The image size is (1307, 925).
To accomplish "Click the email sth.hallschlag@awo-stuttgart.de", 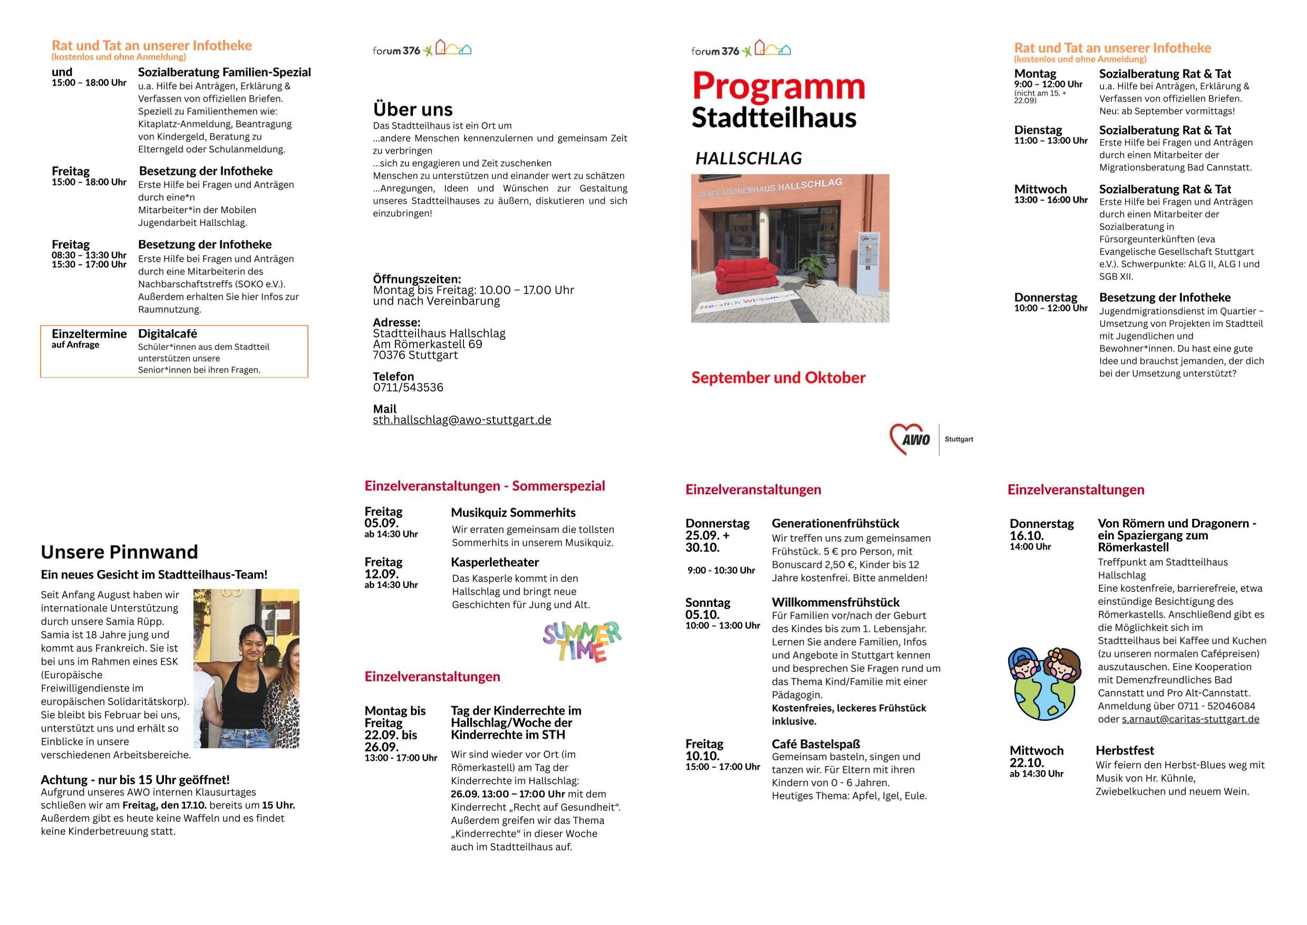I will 462,420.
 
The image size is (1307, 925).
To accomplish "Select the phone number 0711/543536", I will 408,387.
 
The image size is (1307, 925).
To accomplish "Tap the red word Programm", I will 778,86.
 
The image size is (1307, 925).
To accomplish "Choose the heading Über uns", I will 412,109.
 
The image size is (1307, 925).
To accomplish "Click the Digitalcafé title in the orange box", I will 168,334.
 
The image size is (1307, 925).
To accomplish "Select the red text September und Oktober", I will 778,378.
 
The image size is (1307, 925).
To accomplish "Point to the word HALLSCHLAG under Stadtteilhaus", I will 748,158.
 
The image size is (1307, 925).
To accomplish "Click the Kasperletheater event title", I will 495,562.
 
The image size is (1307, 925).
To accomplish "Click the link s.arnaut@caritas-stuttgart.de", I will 1190,719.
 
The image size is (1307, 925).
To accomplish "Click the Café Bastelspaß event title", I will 816,744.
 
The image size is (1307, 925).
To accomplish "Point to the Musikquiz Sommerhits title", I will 512,513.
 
